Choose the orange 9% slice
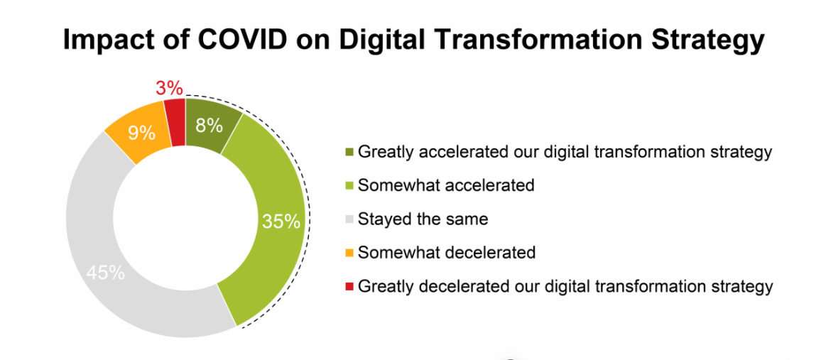coord(141,133)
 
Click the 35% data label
coord(282,222)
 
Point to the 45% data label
coord(106,273)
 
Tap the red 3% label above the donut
coord(169,88)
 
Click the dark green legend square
coord(349,152)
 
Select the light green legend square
coord(349,186)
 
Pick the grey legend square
coord(349,219)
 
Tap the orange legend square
coord(349,253)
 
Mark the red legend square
coord(349,286)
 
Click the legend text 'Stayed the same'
coord(423,219)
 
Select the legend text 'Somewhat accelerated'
coord(446,186)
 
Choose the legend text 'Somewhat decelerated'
coord(447,253)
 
